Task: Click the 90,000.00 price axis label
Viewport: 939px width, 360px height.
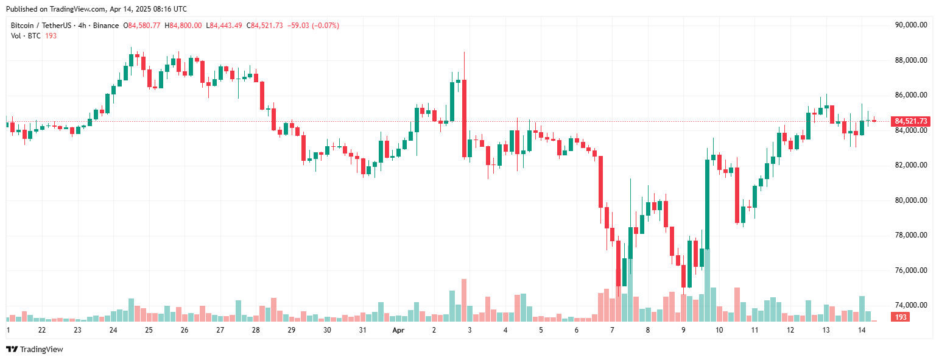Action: [x=910, y=25]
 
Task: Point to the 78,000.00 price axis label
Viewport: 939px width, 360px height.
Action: [x=910, y=235]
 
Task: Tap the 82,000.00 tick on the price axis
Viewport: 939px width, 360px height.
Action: [x=910, y=165]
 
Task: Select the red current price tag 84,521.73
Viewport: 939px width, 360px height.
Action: [x=910, y=121]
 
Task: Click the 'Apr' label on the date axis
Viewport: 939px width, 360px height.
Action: [x=398, y=330]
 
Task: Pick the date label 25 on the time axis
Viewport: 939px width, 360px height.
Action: [x=149, y=330]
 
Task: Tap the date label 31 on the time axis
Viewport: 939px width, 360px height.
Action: [x=362, y=330]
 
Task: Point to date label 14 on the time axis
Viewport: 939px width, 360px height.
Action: [x=862, y=330]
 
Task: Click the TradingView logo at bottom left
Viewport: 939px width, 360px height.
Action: [x=35, y=349]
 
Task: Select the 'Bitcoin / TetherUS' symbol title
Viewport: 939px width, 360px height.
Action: [x=41, y=26]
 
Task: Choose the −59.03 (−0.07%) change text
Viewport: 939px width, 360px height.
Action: [x=313, y=26]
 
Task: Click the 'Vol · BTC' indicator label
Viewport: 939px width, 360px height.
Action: [x=26, y=36]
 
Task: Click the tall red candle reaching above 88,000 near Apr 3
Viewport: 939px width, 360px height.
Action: [x=464, y=119]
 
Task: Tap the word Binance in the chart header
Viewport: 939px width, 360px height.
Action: [x=107, y=26]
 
